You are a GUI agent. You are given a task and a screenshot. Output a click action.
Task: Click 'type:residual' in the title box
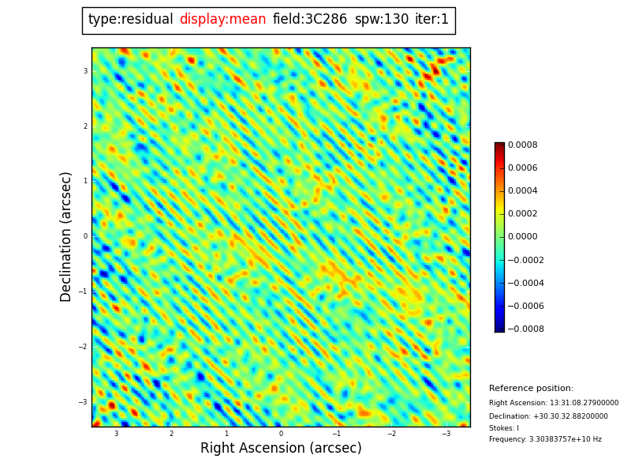point(130,20)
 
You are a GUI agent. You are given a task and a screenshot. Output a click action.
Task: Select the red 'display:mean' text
point(222,20)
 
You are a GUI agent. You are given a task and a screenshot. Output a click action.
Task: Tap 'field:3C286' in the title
point(310,20)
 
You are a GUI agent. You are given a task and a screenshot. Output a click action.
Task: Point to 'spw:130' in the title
point(382,20)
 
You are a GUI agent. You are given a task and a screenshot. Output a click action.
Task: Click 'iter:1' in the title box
point(431,20)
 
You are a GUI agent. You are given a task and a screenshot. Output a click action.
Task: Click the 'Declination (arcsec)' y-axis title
point(67,236)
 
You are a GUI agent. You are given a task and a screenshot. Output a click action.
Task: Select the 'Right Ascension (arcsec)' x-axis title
point(281,449)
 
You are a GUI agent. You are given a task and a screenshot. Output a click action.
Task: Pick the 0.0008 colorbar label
point(522,145)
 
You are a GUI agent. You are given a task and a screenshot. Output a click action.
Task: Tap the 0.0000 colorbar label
point(522,237)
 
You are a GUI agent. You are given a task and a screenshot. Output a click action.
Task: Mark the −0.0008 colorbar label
point(525,329)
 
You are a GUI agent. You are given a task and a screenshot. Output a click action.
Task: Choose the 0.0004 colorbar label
point(522,191)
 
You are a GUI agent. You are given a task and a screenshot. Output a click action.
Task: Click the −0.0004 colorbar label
point(525,283)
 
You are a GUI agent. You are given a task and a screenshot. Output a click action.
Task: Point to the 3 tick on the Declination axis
point(85,71)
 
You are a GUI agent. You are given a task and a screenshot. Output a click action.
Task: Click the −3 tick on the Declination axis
point(83,402)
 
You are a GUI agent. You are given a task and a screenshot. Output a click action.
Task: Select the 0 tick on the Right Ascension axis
point(281,434)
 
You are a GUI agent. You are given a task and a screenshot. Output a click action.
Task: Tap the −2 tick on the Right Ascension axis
point(391,434)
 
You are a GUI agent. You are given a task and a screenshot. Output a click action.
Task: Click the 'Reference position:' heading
point(531,389)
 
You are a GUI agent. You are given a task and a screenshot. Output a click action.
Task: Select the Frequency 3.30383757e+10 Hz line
point(545,440)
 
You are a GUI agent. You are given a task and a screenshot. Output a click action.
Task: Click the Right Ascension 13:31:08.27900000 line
point(554,403)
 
